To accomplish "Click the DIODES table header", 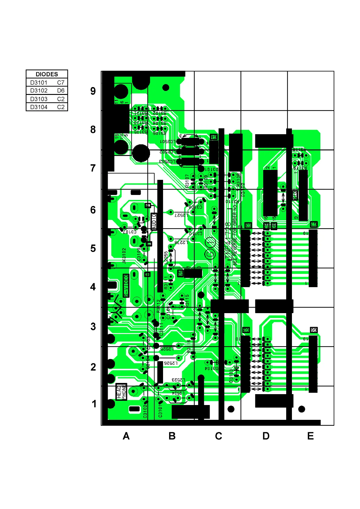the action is click(x=47, y=74).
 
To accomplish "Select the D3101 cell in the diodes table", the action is click(x=39, y=83).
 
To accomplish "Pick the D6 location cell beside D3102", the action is click(x=61, y=90).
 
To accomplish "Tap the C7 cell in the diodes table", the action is click(x=61, y=83).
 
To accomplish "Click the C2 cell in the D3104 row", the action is click(x=61, y=107).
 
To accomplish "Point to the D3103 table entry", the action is click(x=39, y=99).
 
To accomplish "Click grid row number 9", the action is click(x=93, y=91).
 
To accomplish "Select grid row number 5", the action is click(x=93, y=248).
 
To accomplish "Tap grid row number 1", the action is click(x=94, y=404).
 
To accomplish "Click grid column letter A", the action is click(x=126, y=436).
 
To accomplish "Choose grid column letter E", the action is click(x=310, y=436).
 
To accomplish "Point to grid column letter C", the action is click(x=218, y=436).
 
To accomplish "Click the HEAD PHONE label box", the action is click(x=121, y=392).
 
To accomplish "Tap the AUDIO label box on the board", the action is click(x=154, y=222).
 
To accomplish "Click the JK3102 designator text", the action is click(x=124, y=256).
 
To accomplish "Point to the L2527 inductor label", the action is click(x=181, y=215).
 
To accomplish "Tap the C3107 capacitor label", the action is click(x=130, y=232).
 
